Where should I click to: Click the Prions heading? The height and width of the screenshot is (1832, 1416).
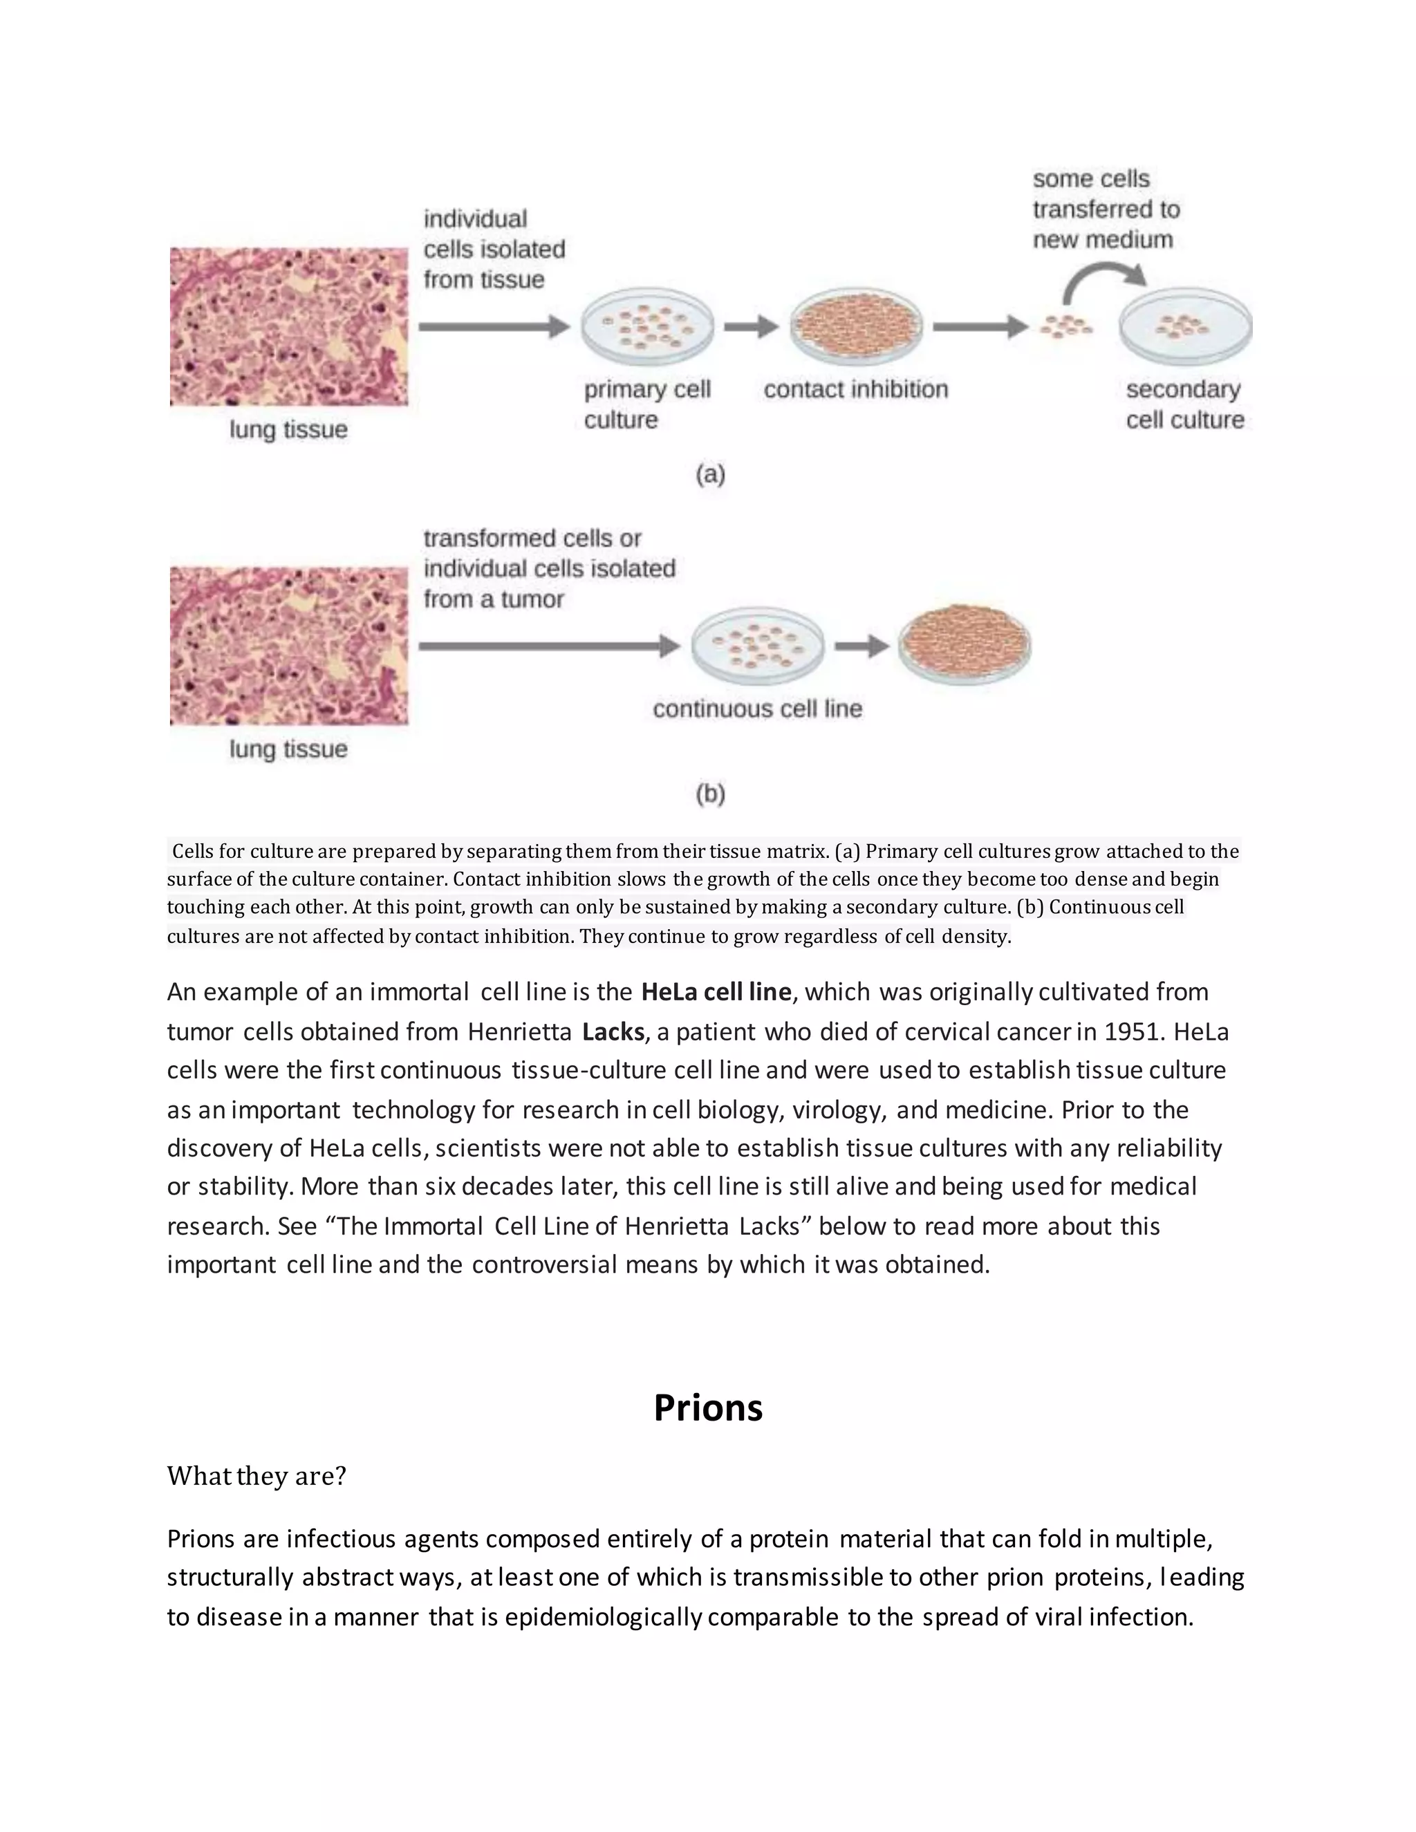coord(707,1408)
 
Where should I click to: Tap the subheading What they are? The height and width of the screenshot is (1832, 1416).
coord(256,1475)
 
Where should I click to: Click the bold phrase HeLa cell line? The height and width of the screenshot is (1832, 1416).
coord(716,991)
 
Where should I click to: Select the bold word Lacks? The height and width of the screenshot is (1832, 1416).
coord(613,1031)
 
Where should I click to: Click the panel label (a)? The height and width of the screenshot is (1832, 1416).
coord(709,475)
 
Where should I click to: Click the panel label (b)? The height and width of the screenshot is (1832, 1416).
coord(709,794)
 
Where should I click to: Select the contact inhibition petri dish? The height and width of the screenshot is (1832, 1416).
coord(856,327)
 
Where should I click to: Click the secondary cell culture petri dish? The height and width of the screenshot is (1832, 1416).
coord(1184,327)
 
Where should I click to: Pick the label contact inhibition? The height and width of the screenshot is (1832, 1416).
coord(856,389)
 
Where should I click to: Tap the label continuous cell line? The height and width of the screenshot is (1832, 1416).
coord(756,709)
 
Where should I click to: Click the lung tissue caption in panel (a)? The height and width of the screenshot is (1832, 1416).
coord(288,429)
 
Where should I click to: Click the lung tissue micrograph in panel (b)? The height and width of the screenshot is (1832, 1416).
coord(288,646)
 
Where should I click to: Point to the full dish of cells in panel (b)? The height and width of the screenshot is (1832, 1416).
coord(964,644)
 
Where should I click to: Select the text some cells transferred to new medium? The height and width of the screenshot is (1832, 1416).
coord(1105,209)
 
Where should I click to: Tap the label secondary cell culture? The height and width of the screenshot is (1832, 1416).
coord(1184,404)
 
